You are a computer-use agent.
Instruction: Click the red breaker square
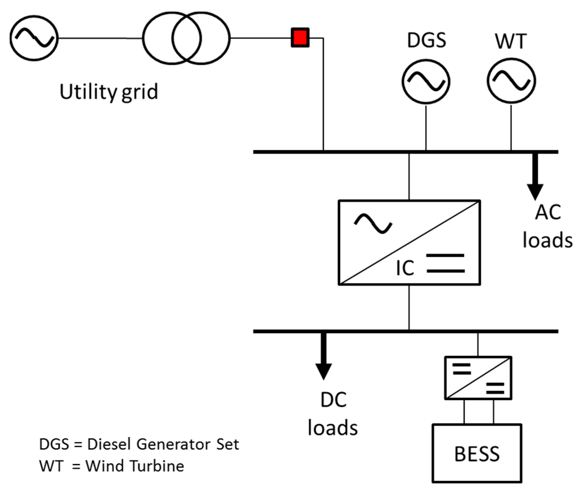(x=300, y=38)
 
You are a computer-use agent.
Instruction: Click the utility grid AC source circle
(x=34, y=38)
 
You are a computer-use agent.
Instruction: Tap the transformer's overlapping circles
(x=186, y=38)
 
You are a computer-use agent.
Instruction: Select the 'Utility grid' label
(x=109, y=92)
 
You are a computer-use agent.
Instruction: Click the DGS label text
(x=426, y=40)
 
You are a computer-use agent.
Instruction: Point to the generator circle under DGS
(x=426, y=82)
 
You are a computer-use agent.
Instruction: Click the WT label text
(x=511, y=42)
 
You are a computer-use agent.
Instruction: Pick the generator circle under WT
(x=511, y=81)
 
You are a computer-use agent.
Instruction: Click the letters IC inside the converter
(x=405, y=268)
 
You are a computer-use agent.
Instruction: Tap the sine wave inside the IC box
(x=373, y=224)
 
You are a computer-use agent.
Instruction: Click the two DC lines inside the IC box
(x=445, y=263)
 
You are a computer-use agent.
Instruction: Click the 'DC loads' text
(x=333, y=414)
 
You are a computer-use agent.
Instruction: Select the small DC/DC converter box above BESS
(x=478, y=378)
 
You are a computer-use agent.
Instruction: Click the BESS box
(x=477, y=454)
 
